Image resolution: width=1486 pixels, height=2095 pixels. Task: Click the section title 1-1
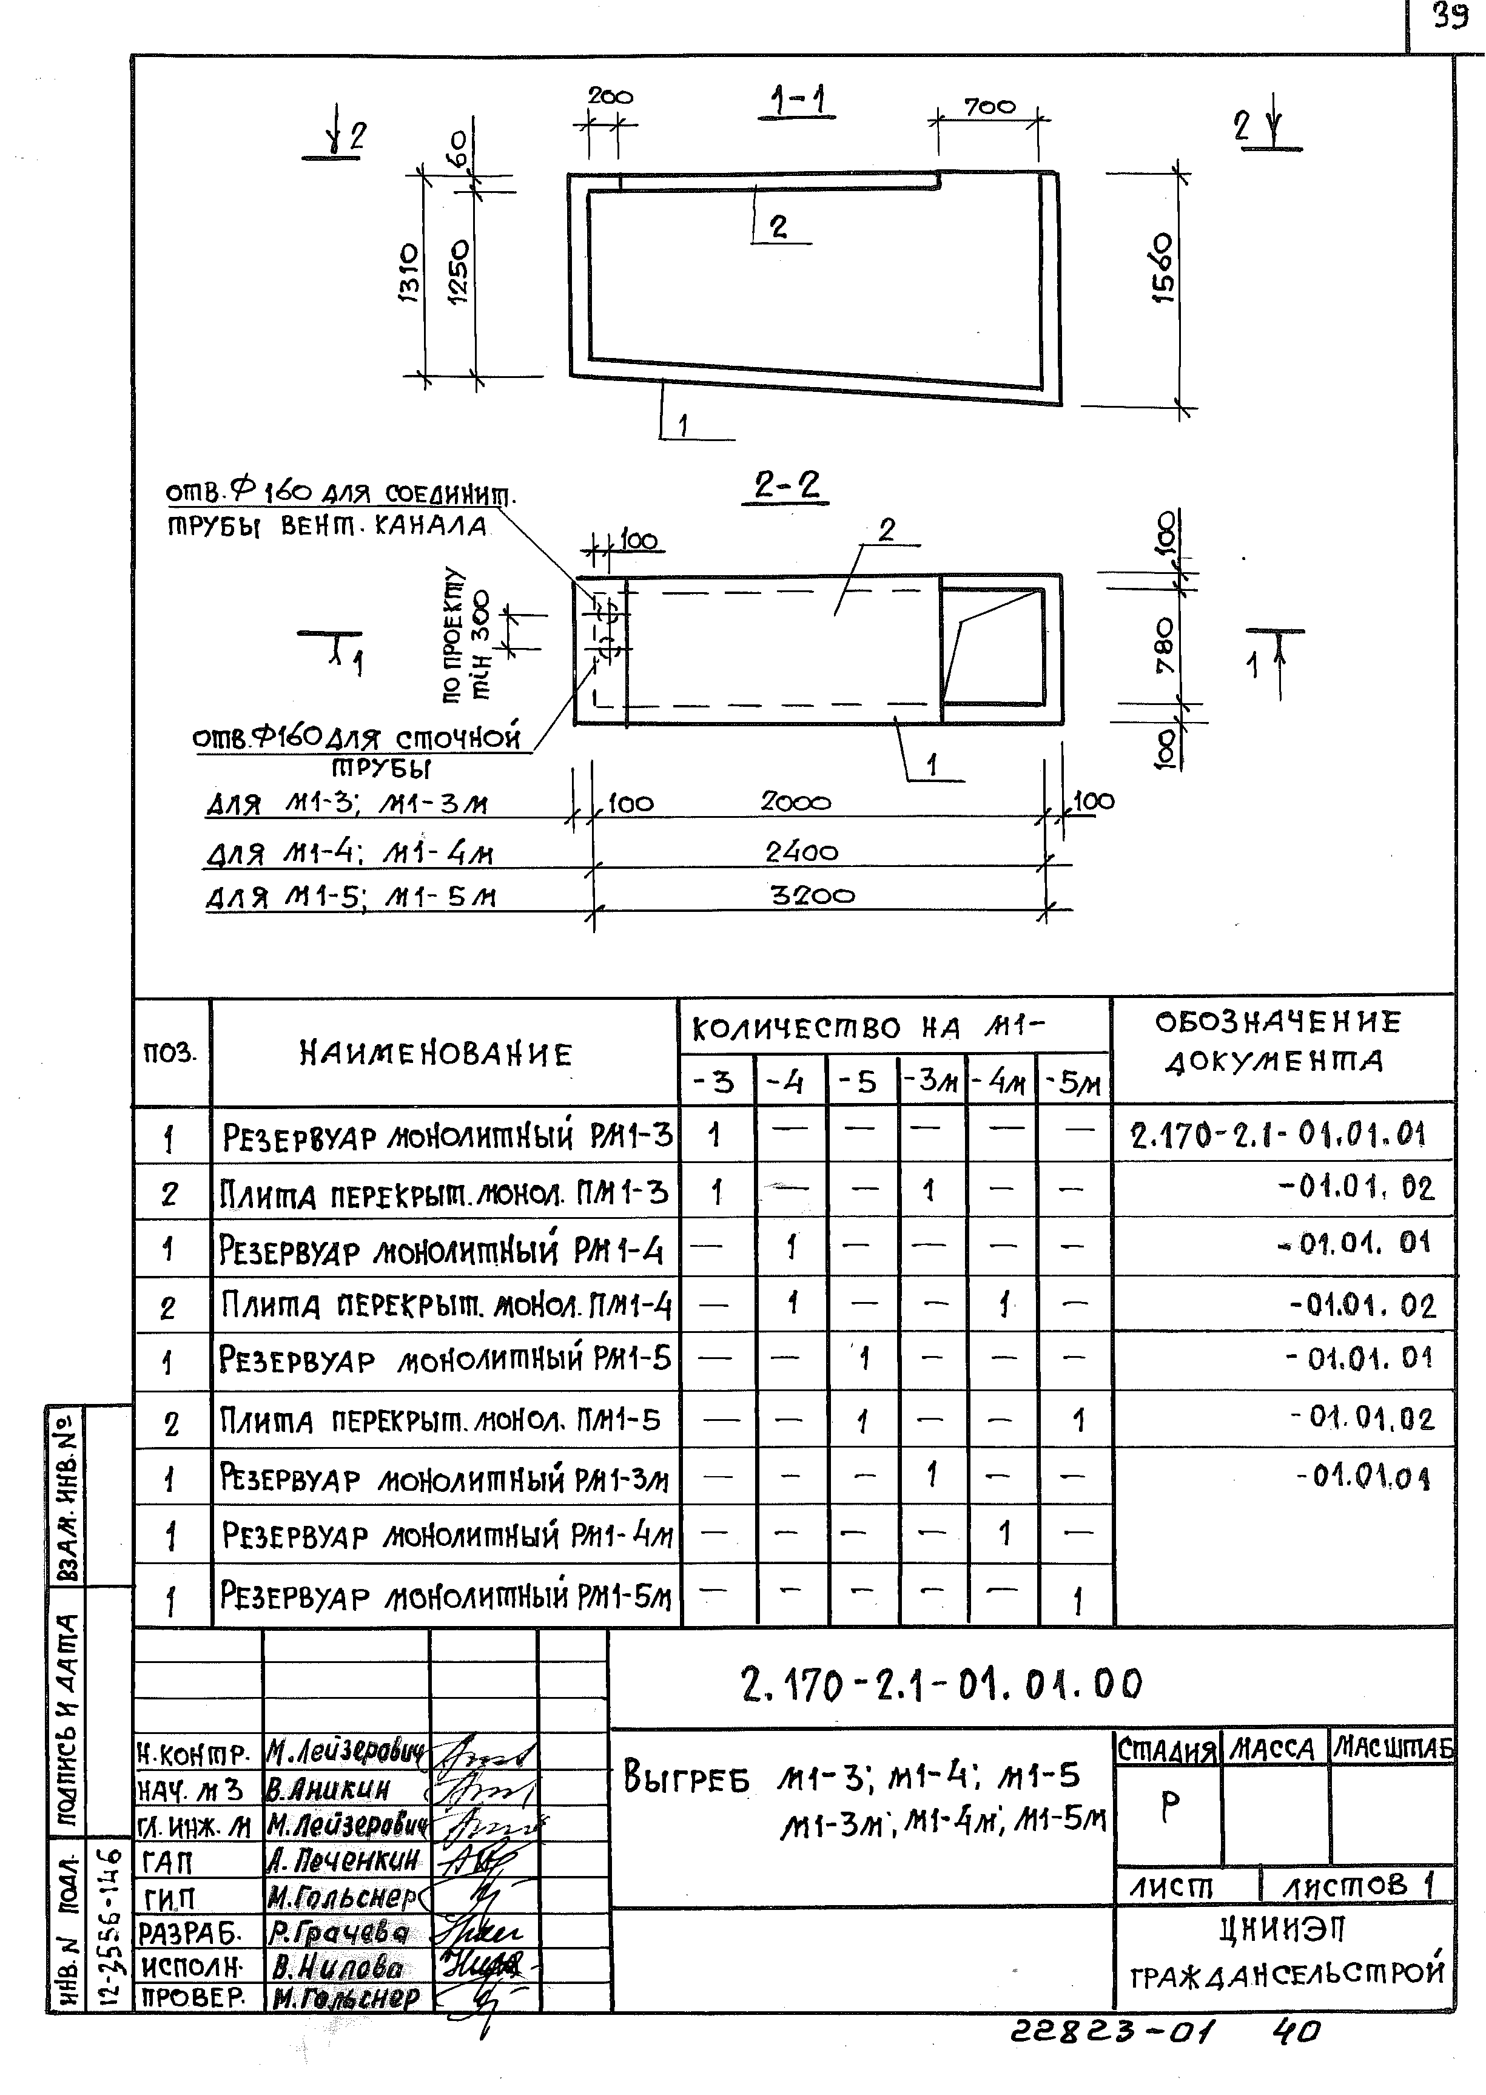coord(798,101)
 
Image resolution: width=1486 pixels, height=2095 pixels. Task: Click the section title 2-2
coord(787,485)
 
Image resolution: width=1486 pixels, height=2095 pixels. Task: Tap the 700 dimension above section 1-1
coord(989,108)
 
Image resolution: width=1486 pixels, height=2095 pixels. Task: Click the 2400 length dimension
coord(802,852)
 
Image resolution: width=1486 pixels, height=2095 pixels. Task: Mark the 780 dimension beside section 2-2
coord(1164,646)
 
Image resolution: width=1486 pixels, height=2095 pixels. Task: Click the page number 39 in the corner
coord(1450,16)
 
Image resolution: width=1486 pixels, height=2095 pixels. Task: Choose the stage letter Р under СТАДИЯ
coord(1169,1806)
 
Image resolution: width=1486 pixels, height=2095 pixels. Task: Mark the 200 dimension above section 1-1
coord(610,95)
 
